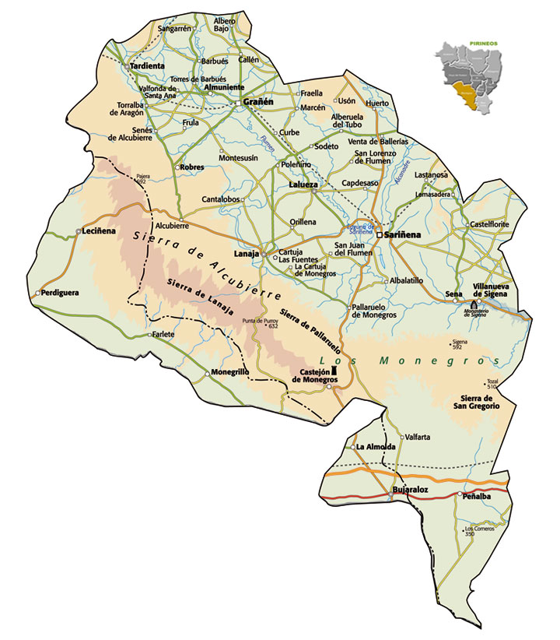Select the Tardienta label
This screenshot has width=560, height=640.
[148, 66]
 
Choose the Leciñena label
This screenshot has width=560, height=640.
[99, 231]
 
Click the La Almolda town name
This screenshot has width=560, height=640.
[376, 447]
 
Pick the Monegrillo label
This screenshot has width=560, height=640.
[229, 373]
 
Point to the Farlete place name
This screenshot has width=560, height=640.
[163, 335]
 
